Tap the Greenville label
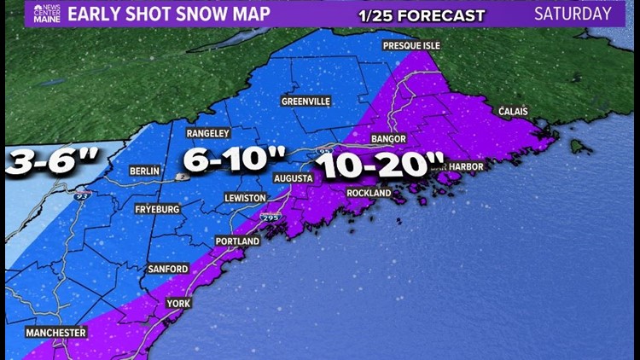point(305,101)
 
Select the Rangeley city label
point(208,133)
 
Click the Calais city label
point(512,112)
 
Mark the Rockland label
point(369,193)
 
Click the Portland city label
point(237,241)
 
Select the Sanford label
point(167,269)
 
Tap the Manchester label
point(56,332)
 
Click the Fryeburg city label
point(159,208)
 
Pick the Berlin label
point(144,171)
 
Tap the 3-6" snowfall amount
point(51,162)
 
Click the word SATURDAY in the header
point(573,15)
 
